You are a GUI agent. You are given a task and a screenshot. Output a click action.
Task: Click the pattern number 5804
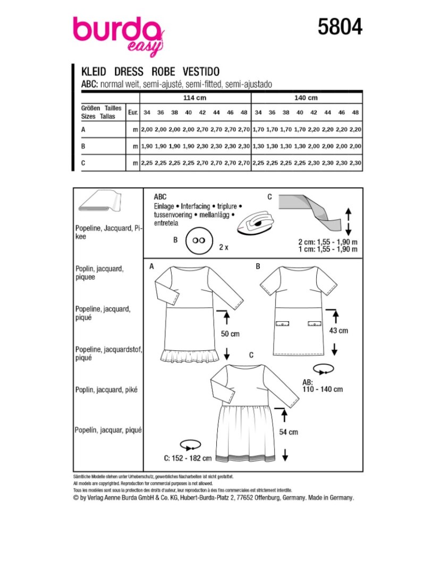coord(340,26)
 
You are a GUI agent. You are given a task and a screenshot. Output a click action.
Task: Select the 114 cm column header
coord(194,98)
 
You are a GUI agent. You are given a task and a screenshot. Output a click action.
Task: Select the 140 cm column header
coord(306,98)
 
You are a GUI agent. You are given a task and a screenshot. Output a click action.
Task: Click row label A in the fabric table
coord(83,130)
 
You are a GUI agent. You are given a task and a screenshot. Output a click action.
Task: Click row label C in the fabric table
coord(83,164)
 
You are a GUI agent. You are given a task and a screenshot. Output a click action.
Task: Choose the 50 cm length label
coord(230,334)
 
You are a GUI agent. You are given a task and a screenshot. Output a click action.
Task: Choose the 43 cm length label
coord(339,330)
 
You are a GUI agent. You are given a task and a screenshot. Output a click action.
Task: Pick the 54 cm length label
coord(289,432)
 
